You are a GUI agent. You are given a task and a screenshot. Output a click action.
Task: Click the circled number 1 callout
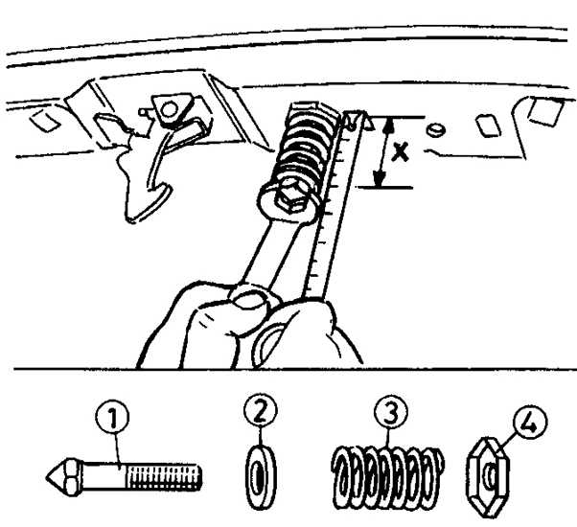(112, 417)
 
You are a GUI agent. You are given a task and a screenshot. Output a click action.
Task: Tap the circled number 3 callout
(391, 411)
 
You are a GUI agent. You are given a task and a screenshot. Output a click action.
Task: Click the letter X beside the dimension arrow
(400, 152)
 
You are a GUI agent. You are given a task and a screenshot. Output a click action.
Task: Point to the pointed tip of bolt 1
(47, 477)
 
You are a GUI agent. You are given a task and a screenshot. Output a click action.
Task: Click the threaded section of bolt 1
(164, 476)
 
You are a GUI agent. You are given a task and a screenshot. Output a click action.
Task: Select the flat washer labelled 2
(261, 477)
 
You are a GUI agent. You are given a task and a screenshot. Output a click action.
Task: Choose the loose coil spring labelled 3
(388, 477)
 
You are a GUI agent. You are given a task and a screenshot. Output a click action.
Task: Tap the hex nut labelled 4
(488, 477)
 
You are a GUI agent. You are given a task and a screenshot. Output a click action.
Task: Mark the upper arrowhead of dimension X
(388, 125)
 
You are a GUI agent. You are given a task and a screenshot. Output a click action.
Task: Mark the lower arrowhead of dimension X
(380, 179)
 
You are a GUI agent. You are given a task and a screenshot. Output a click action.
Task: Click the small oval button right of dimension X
(436, 129)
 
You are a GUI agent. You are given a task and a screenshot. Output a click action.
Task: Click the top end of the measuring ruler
(356, 113)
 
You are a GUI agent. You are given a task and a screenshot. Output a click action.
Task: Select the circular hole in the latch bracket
(169, 109)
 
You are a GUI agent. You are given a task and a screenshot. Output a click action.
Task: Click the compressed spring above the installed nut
(306, 148)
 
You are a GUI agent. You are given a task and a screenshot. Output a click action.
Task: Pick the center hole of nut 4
(489, 477)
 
